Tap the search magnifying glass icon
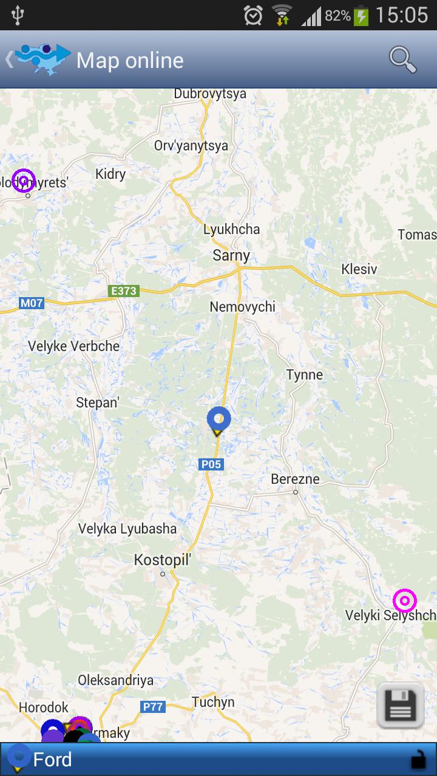coord(402,60)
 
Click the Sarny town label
coord(231,255)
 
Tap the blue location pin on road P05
coord(218,419)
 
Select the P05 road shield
coord(211,464)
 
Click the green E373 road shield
coord(124,291)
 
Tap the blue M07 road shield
coord(32,303)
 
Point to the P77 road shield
coord(153,706)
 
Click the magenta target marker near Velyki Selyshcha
coord(405,601)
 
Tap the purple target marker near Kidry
coord(24,180)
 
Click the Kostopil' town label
coord(162,560)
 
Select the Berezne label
coord(295,479)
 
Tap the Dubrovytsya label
coord(210,93)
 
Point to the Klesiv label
coord(359,269)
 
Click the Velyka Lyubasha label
coord(127,529)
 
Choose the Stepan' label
coord(98,403)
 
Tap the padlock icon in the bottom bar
coord(418,759)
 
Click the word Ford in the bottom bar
coord(52,760)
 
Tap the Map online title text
coord(130,61)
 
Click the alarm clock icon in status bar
coord(253,15)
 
